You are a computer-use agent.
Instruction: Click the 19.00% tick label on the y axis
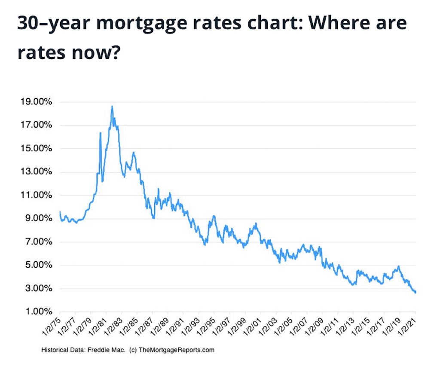click(36, 101)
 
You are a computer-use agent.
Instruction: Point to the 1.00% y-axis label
click(39, 312)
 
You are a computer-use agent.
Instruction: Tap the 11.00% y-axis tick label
click(36, 195)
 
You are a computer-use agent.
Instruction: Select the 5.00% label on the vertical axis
click(39, 265)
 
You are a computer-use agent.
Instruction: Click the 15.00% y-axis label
click(36, 148)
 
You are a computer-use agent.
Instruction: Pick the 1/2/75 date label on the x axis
click(52, 327)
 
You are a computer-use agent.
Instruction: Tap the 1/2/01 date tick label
click(252, 327)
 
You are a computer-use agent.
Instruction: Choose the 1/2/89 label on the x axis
click(160, 327)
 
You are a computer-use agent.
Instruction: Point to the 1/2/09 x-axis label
click(314, 327)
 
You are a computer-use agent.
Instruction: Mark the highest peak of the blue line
click(112, 107)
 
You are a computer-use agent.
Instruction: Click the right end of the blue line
click(416, 292)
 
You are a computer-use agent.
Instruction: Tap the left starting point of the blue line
click(60, 212)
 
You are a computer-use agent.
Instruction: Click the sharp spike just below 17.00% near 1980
click(101, 133)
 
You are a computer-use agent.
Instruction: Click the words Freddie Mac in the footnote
click(107, 350)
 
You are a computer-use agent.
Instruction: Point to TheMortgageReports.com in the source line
click(177, 350)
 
